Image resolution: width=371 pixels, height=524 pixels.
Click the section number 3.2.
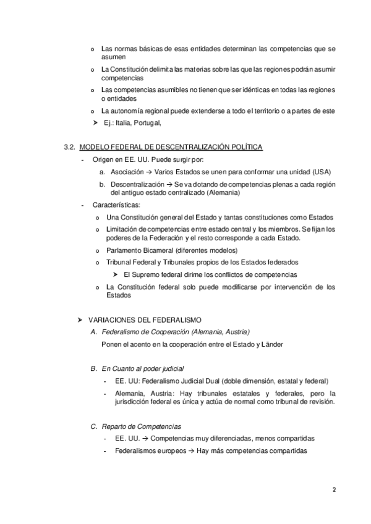pos(69,146)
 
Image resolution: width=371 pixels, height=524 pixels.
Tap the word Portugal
pos(148,122)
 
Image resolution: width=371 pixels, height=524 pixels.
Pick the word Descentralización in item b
pos(137,184)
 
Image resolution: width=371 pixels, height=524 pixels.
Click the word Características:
pos(116,205)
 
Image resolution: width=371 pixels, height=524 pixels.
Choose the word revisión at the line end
pos(320,401)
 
